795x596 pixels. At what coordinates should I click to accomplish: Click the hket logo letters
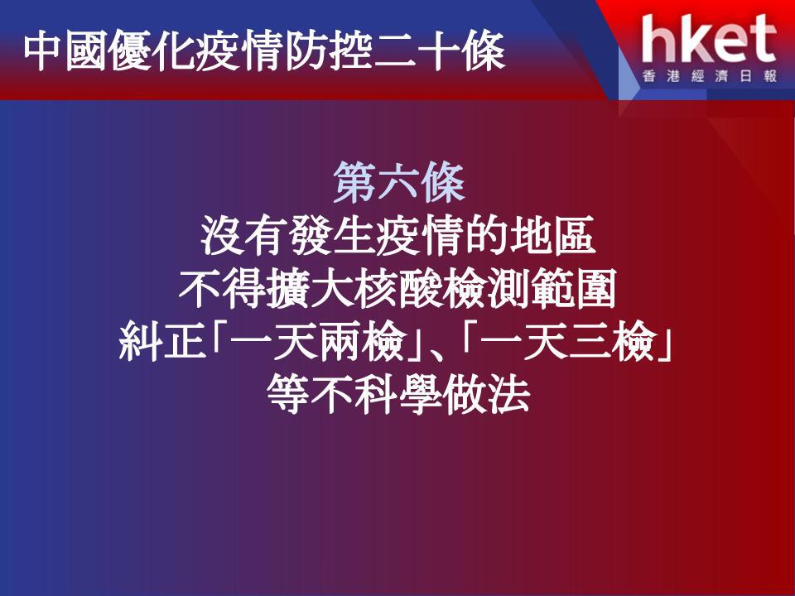(x=709, y=39)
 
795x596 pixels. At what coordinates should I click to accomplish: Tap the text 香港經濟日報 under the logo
(x=710, y=76)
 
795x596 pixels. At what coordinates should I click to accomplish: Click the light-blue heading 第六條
(x=399, y=182)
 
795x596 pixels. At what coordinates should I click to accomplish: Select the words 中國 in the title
(x=65, y=50)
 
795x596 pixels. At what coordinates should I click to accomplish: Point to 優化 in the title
(x=151, y=50)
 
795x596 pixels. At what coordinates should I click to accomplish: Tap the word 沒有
(x=244, y=236)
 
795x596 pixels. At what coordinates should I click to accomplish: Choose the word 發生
(x=332, y=236)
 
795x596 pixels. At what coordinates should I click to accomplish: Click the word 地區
(x=552, y=236)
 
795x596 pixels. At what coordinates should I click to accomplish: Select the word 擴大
(x=311, y=290)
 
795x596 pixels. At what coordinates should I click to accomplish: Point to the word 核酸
(x=398, y=290)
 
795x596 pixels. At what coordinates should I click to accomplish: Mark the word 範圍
(x=573, y=290)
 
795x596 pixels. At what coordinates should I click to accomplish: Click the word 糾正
(x=162, y=341)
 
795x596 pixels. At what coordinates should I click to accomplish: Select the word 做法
(x=487, y=394)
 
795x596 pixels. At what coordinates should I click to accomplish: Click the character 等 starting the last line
(x=288, y=394)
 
